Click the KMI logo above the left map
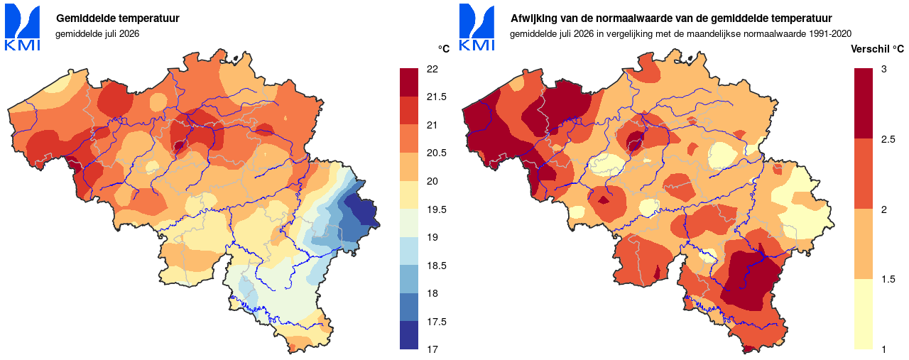22,27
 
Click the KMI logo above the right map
477,27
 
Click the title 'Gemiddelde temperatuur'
118,18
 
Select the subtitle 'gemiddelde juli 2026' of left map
97,33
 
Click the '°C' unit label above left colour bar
444,49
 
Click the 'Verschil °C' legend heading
877,49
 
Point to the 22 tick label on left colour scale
432,69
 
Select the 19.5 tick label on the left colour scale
436,209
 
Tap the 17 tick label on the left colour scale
432,349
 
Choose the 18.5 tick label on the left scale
436,266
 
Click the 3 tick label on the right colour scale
884,69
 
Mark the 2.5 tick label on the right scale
888,140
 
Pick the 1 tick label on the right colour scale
884,349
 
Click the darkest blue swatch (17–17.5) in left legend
408,335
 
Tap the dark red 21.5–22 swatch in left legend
408,82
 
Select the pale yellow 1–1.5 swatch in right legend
863,314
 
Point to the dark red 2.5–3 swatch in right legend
863,104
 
